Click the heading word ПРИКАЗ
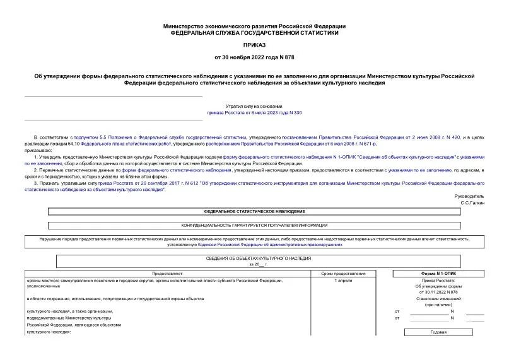pos(254,45)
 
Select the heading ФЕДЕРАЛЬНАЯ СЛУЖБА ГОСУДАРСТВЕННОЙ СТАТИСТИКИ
pos(254,32)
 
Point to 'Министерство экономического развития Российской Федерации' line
pos(254,26)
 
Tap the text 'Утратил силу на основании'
pos(254,107)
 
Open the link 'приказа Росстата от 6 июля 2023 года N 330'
pos(254,113)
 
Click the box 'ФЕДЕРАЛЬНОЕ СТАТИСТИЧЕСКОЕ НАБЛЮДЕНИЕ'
pos(254,212)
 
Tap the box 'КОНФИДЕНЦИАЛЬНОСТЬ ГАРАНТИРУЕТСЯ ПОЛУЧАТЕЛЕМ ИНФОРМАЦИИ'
pos(254,225)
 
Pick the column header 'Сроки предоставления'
pos(343,274)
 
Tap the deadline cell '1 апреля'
pos(343,280)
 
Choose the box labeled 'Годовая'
pos(438,332)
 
